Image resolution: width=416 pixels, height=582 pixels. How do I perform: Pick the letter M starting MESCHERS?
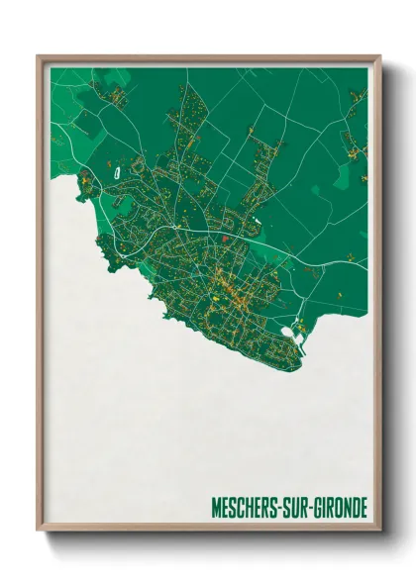tap(216, 510)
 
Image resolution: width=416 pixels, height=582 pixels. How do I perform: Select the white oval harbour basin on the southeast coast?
tap(288, 333)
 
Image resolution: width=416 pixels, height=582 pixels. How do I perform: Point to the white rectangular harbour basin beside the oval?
tap(300, 345)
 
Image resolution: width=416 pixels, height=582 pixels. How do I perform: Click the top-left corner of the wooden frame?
tap(39, 56)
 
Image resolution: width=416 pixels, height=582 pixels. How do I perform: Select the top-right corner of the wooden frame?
tap(379, 56)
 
